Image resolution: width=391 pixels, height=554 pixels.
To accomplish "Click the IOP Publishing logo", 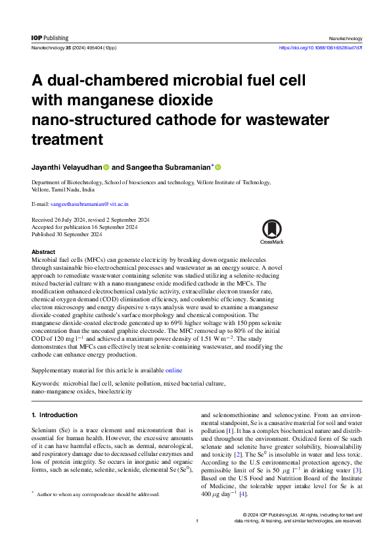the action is tap(50, 38).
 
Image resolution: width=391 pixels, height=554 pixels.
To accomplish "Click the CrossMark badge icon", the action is tap(271, 232).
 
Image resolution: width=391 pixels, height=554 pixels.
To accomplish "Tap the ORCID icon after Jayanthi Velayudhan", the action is tap(106, 167).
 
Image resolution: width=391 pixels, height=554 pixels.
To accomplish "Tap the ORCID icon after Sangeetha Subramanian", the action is tap(218, 167).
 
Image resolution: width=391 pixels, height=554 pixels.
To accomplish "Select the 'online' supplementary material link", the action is tap(174, 371).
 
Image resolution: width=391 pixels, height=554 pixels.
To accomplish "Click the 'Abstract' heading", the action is tap(43, 252).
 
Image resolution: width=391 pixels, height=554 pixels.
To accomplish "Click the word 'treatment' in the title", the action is tap(68, 139).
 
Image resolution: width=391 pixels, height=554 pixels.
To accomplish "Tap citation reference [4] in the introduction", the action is tap(243, 494).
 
